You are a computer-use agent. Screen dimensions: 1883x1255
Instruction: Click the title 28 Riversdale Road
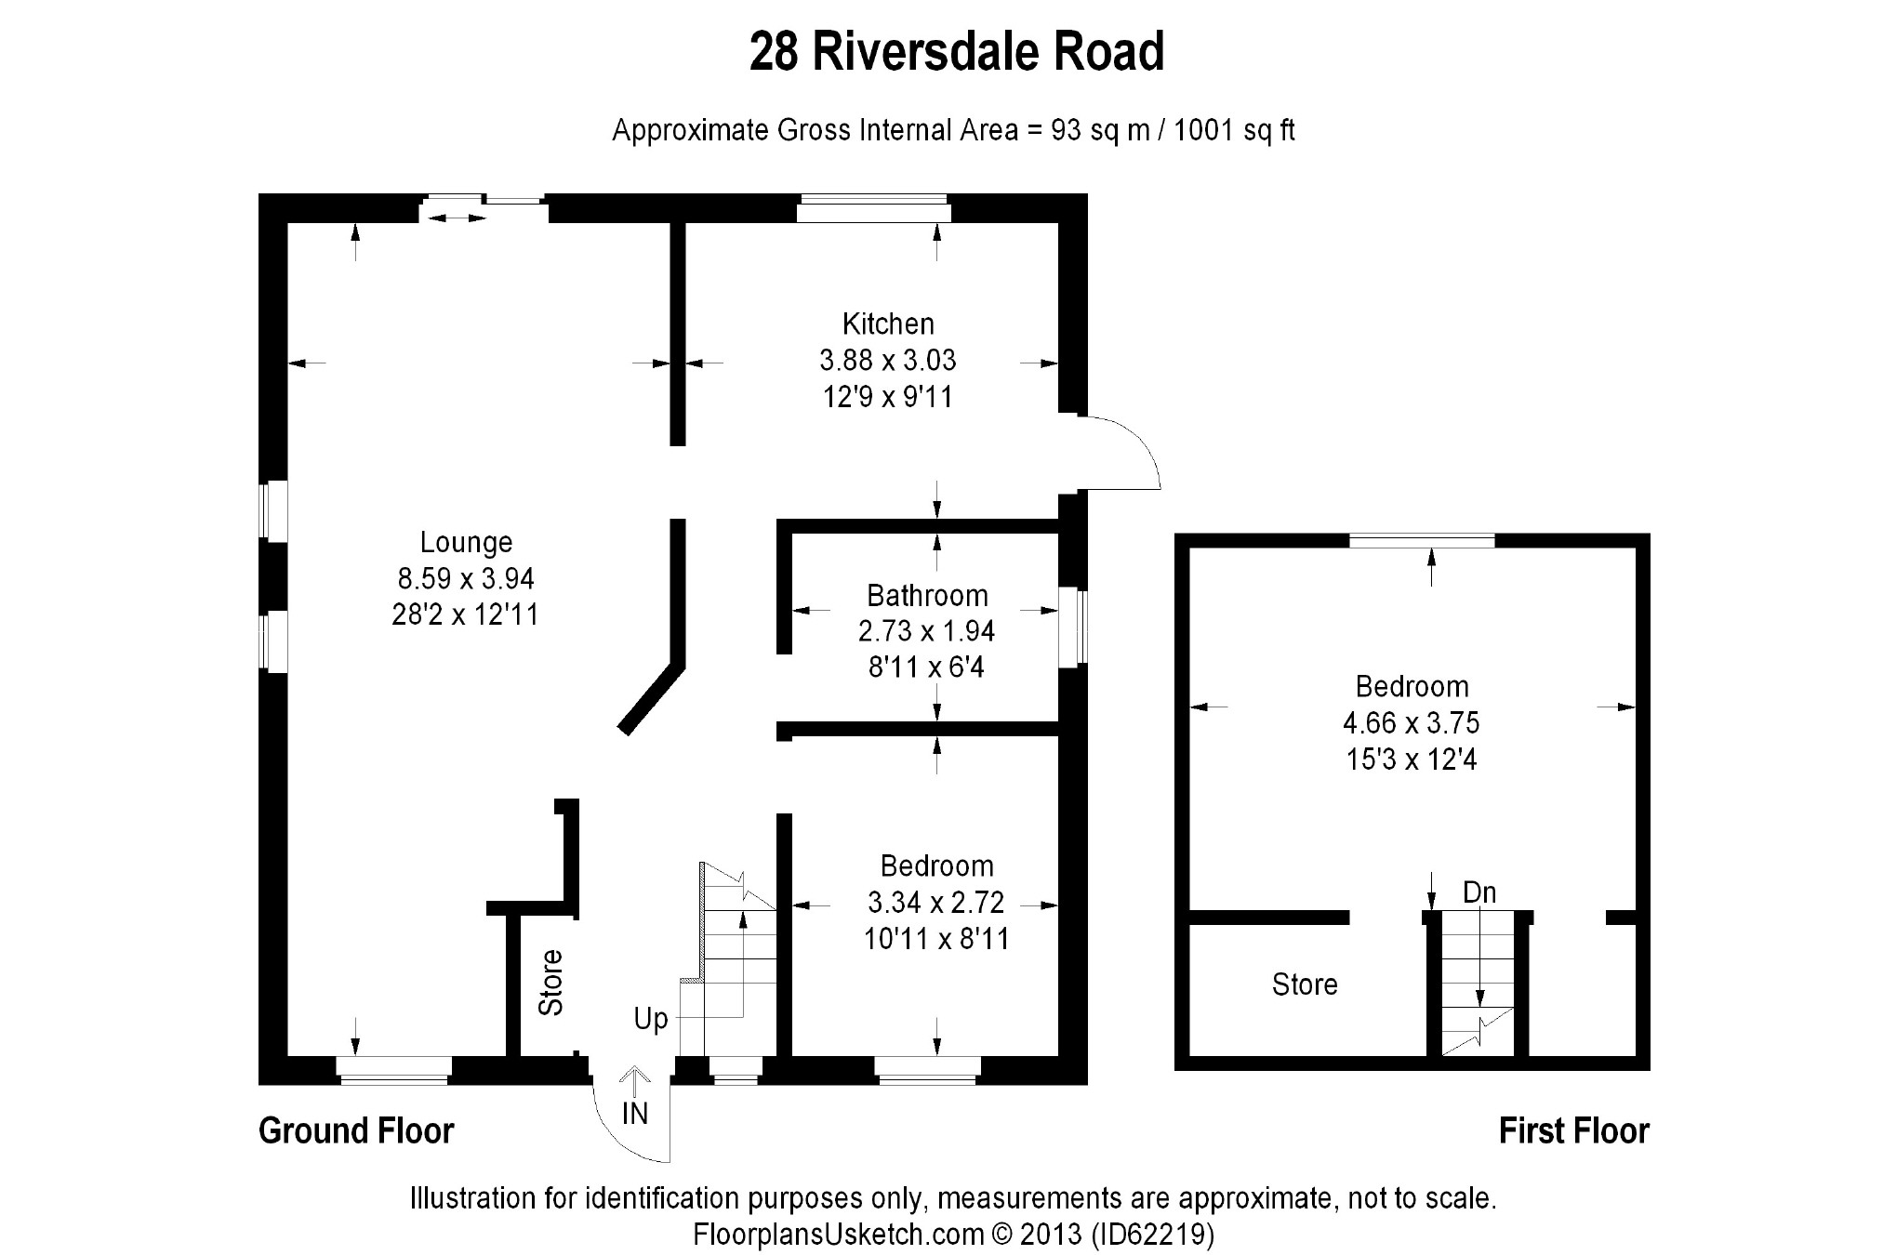click(956, 52)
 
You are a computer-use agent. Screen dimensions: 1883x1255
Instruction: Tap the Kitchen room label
click(887, 324)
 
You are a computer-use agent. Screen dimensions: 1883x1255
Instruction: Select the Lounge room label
click(466, 542)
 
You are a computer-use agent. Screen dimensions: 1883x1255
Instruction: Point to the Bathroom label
click(926, 595)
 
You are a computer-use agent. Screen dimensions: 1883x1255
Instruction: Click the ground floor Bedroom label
click(936, 866)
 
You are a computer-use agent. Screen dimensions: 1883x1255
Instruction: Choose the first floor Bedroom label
click(1412, 687)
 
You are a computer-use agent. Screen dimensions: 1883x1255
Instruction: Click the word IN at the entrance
click(634, 1114)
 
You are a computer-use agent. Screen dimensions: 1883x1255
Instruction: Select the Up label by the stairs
click(651, 1019)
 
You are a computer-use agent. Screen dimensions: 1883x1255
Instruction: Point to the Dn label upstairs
click(1479, 892)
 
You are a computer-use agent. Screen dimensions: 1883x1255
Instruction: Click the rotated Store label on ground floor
click(551, 983)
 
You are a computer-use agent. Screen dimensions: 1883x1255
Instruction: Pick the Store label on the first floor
click(1305, 984)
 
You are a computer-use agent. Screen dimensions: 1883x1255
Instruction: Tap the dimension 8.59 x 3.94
click(466, 579)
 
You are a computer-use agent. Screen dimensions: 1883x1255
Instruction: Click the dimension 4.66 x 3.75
click(1412, 723)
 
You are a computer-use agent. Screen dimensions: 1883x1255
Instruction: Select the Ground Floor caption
click(356, 1131)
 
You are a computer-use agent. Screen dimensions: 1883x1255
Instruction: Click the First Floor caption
click(1573, 1131)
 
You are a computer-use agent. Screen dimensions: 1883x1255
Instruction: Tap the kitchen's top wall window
click(873, 208)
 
